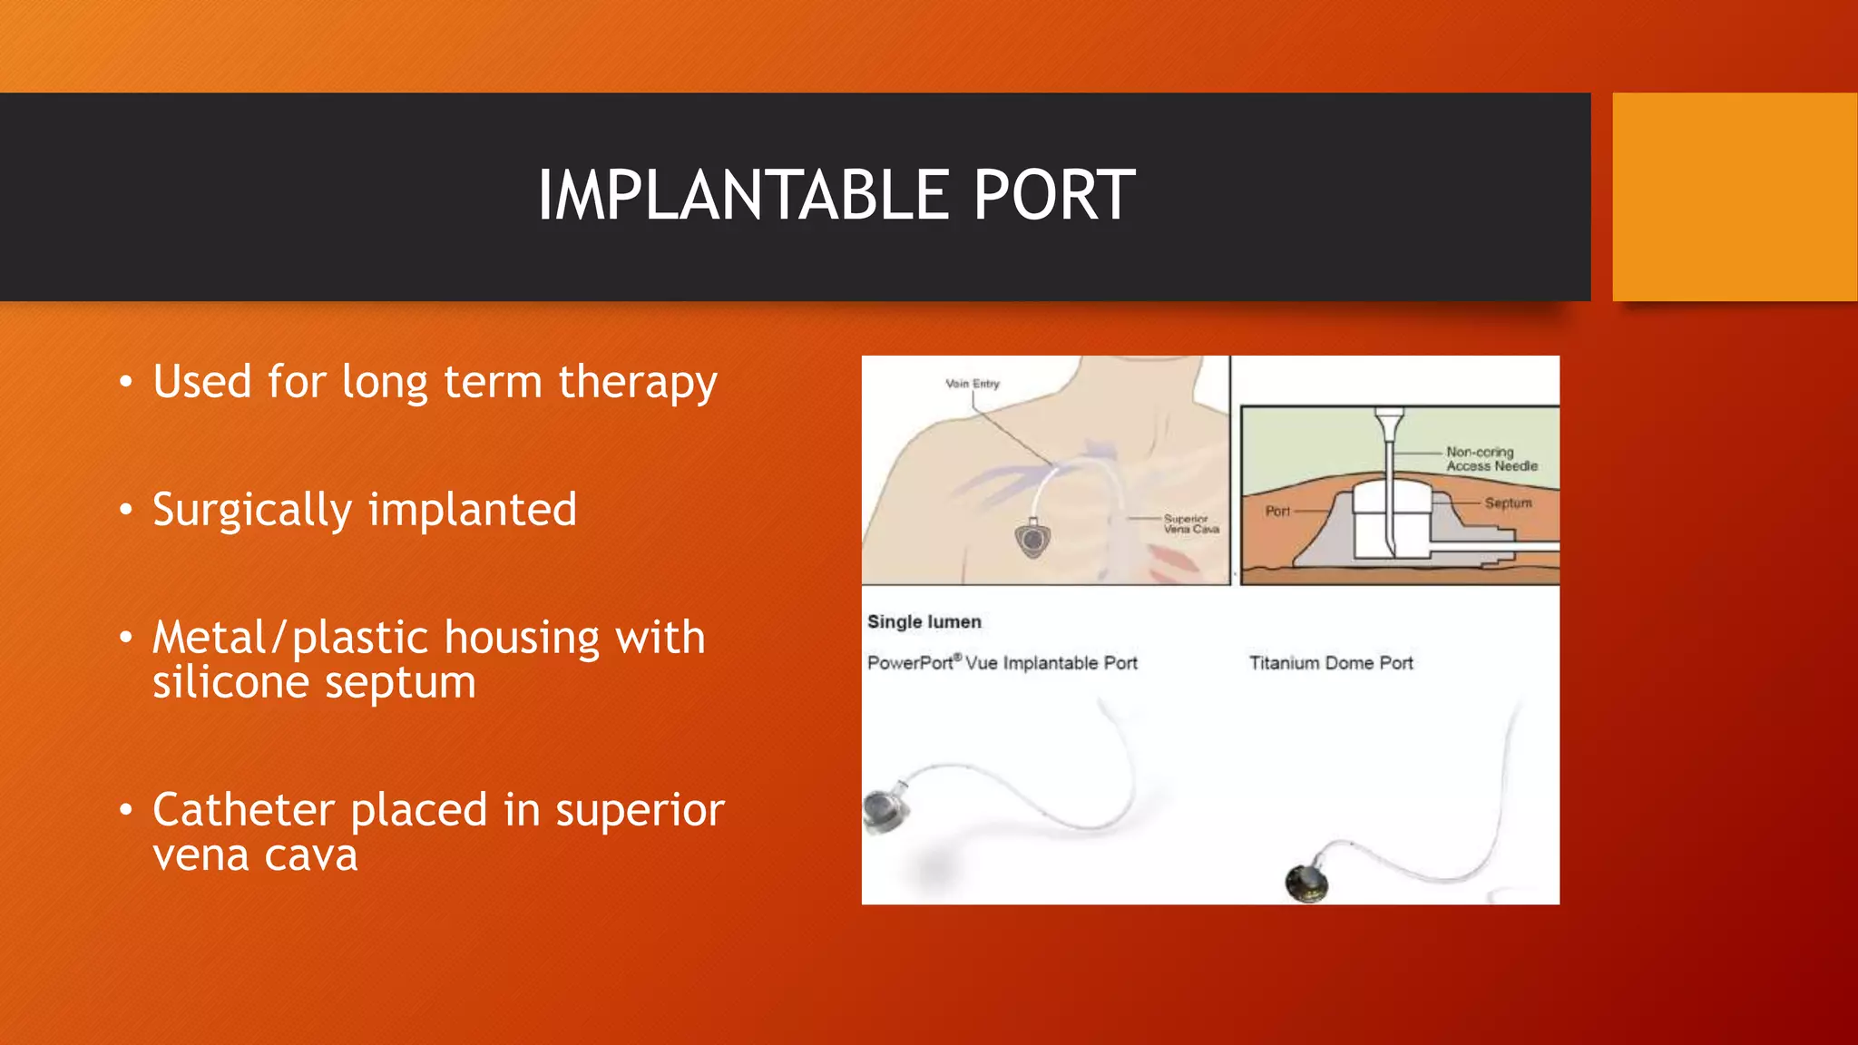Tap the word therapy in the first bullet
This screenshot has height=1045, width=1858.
[x=637, y=383]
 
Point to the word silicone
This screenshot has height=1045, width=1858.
[x=230, y=682]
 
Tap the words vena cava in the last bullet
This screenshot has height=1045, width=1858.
[x=255, y=855]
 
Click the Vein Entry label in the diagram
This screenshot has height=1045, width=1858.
[x=972, y=384]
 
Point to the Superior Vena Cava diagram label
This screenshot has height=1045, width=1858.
[x=1190, y=523]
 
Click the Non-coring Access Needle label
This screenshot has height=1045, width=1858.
[x=1491, y=459]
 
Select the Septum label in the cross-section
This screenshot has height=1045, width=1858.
[x=1507, y=503]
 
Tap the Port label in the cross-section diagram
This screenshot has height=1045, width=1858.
[x=1277, y=511]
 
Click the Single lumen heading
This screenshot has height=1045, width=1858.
[x=924, y=622]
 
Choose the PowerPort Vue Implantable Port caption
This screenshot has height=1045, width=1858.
[x=1002, y=663]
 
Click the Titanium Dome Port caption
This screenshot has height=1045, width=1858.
[x=1330, y=663]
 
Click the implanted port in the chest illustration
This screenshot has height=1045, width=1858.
[x=1032, y=540]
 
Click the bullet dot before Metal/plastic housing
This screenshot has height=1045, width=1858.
[x=126, y=638]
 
